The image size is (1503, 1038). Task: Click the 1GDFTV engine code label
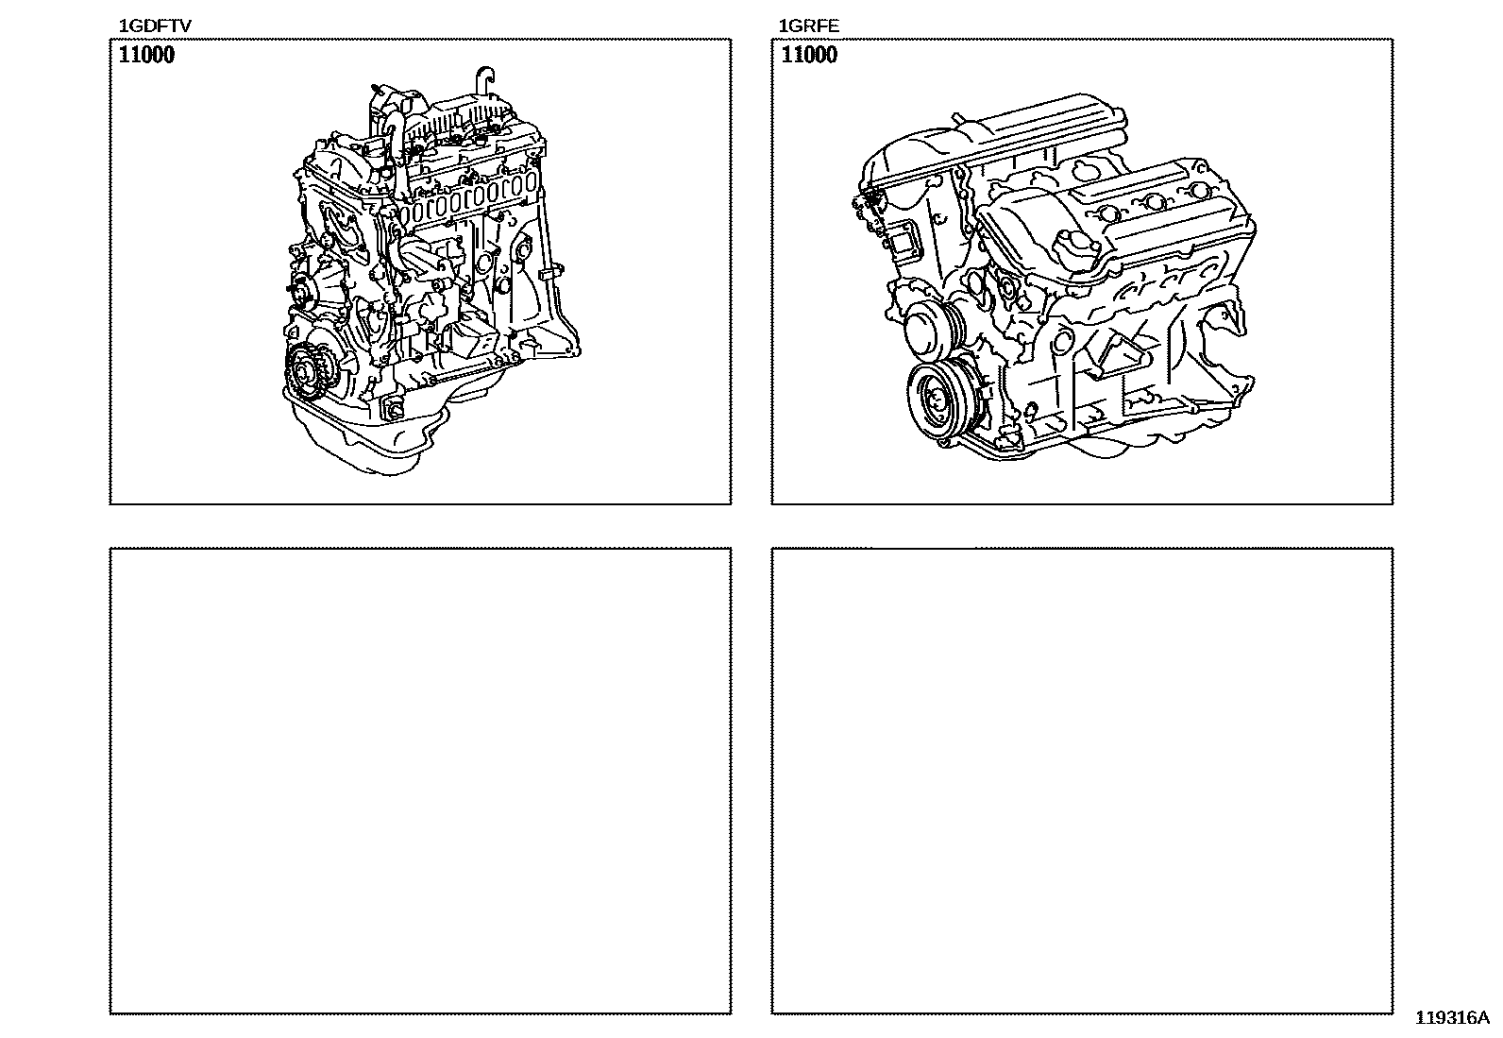point(155,26)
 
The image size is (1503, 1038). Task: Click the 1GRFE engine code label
point(808,26)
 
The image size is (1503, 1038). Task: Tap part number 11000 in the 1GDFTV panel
point(146,55)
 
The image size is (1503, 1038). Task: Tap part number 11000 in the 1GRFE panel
point(808,55)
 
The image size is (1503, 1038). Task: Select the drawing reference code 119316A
point(1452,1017)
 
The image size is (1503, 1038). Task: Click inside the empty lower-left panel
point(421,781)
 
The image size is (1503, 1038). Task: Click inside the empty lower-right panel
point(1082,781)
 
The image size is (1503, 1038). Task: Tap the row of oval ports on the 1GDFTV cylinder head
point(470,200)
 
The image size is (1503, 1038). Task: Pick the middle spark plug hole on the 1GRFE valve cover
point(1153,201)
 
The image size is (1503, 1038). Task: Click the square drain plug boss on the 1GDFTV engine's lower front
point(392,408)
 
